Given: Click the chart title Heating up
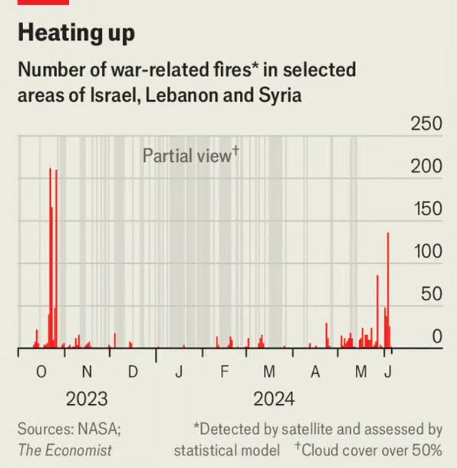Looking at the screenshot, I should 77,33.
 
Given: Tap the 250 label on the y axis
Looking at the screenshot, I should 426,124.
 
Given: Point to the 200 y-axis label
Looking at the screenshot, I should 426,167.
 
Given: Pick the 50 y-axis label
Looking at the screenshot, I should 431,294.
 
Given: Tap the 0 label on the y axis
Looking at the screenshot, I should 437,337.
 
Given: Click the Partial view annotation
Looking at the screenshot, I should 189,155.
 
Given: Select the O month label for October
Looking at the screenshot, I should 42,372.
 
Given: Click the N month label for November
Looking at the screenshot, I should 87,372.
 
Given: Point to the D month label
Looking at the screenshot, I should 132,372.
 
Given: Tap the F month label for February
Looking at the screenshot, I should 224,372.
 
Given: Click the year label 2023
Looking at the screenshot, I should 87,399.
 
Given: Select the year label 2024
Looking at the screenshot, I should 273,399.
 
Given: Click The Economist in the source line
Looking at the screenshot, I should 65,449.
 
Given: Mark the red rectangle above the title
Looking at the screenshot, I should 43,2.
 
